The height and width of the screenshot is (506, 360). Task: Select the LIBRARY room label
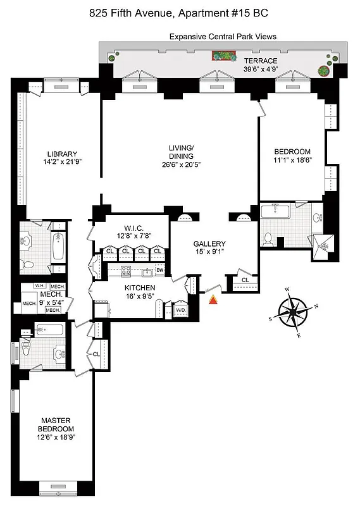pyautogui.click(x=62, y=154)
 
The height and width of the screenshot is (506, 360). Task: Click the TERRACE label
pyautogui.click(x=261, y=60)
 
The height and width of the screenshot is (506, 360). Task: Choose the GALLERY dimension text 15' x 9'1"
pyautogui.click(x=209, y=253)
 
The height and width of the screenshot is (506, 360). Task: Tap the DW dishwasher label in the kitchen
pyautogui.click(x=160, y=271)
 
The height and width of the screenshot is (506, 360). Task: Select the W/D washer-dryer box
pyautogui.click(x=180, y=310)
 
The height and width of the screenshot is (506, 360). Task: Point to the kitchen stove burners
pyautogui.click(x=125, y=271)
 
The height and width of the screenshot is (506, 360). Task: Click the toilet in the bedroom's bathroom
pyautogui.click(x=268, y=238)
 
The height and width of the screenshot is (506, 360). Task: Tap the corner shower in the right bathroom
pyautogui.click(x=321, y=244)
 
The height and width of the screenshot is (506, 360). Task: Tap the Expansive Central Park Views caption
pyautogui.click(x=222, y=37)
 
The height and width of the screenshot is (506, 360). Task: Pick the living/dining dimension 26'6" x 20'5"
pyautogui.click(x=180, y=166)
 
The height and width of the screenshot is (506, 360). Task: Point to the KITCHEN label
pyautogui.click(x=140, y=288)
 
